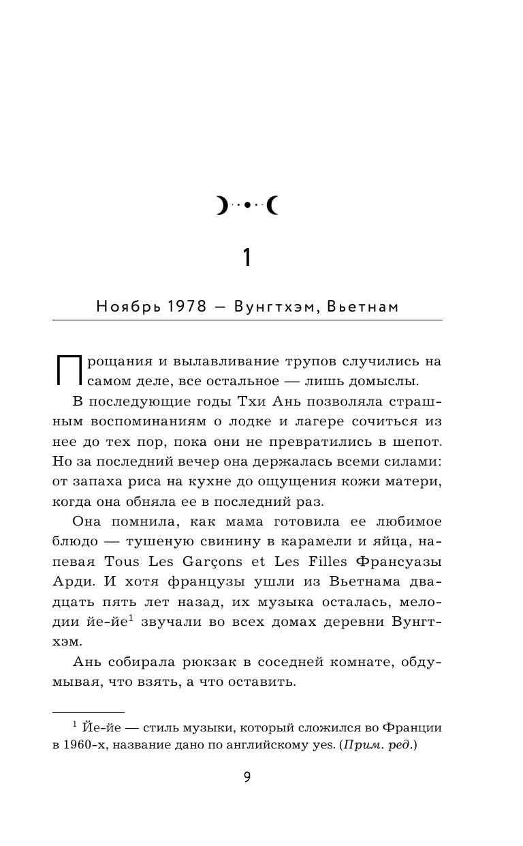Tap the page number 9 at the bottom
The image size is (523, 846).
click(247, 777)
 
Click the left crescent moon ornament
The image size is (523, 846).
click(223, 205)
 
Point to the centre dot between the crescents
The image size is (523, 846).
click(248, 205)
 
